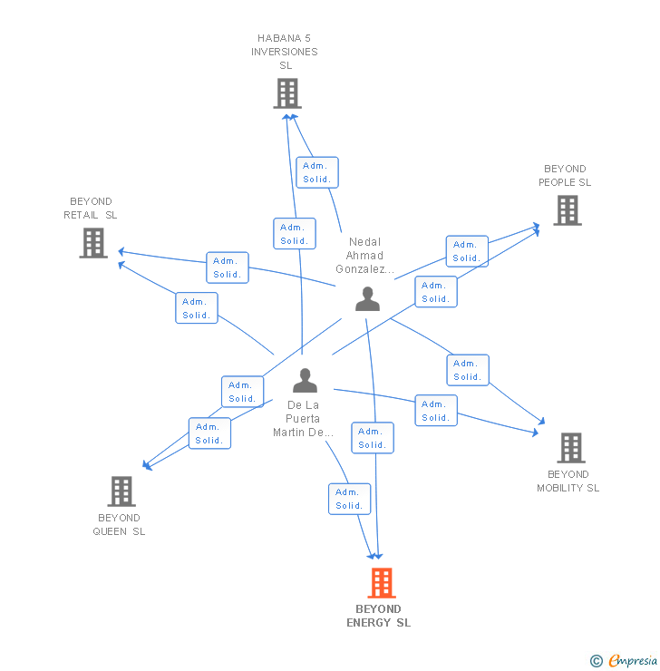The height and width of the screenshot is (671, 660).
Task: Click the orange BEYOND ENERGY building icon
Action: pyautogui.click(x=382, y=583)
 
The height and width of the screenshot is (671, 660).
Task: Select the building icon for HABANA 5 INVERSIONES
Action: pyautogui.click(x=286, y=93)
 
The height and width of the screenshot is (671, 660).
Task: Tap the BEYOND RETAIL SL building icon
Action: pyautogui.click(x=93, y=243)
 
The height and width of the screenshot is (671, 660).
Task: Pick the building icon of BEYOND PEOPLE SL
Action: pyautogui.click(x=568, y=210)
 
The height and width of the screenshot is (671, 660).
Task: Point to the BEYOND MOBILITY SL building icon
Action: pyautogui.click(x=570, y=448)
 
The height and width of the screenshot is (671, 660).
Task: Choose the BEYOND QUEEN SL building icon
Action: pyautogui.click(x=121, y=491)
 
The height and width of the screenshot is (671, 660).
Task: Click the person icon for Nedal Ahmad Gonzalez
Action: pyautogui.click(x=367, y=298)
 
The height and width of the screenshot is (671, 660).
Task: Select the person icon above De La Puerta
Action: pyautogui.click(x=306, y=380)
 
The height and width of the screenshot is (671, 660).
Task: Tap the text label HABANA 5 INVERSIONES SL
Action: pyautogui.click(x=286, y=52)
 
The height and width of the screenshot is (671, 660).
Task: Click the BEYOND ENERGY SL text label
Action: pyautogui.click(x=379, y=616)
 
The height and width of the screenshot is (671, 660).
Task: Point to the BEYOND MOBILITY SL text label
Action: pyautogui.click(x=568, y=481)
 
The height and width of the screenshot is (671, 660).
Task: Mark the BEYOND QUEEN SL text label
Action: pyautogui.click(x=119, y=524)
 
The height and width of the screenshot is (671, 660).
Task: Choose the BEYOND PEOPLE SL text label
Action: pyautogui.click(x=565, y=175)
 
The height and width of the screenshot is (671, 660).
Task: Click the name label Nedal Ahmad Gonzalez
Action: pyautogui.click(x=365, y=256)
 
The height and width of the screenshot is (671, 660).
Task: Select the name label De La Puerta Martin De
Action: pyautogui.click(x=305, y=419)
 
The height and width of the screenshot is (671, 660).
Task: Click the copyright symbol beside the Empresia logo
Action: pyautogui.click(x=597, y=661)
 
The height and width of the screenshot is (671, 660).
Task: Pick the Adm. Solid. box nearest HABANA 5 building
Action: pyautogui.click(x=316, y=172)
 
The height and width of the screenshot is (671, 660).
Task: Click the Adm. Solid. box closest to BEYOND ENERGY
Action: pyautogui.click(x=349, y=499)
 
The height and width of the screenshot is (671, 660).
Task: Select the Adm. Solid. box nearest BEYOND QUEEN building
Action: pyautogui.click(x=209, y=433)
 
